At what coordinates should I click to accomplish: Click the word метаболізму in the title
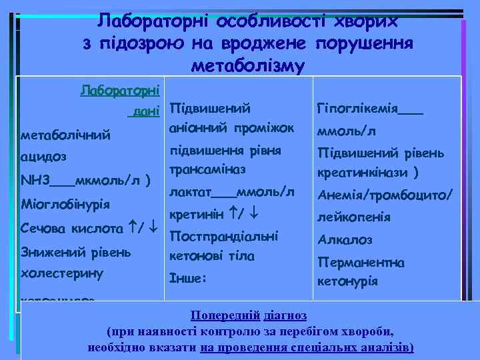click(247, 66)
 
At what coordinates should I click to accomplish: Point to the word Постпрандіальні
click(224, 236)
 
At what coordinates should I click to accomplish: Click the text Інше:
click(189, 279)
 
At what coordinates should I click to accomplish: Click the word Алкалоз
click(345, 239)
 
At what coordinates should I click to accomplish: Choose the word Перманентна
click(361, 262)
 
